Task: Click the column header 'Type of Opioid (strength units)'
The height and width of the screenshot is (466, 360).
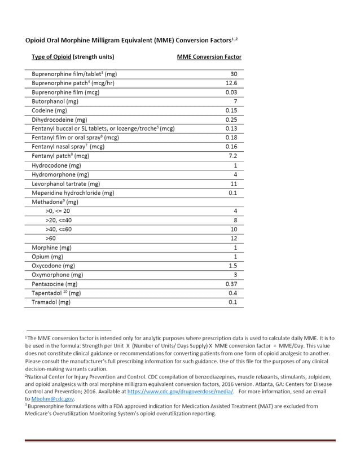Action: [73, 57]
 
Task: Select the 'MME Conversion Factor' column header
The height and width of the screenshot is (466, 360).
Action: [209, 57]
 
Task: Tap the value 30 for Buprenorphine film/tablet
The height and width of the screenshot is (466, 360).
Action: [233, 74]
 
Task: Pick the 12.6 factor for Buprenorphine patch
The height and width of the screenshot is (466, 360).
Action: [231, 83]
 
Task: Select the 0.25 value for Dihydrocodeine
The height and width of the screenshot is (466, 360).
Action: [230, 120]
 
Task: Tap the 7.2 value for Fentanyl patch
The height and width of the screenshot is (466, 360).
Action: [232, 156]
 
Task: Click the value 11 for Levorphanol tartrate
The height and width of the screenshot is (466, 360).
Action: [233, 184]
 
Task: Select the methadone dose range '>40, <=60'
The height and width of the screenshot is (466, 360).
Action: [58, 230]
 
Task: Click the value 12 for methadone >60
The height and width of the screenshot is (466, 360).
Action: [233, 239]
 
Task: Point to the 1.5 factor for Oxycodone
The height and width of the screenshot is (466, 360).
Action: [232, 266]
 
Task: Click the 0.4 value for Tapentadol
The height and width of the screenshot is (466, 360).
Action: [232, 293]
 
